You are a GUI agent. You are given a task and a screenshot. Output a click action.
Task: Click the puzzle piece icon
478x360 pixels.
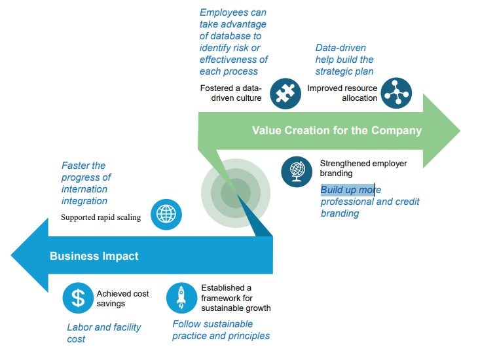285,94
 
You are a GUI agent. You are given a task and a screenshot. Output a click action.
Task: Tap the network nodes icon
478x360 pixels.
396,93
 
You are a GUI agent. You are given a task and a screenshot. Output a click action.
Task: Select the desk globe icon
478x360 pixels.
297,172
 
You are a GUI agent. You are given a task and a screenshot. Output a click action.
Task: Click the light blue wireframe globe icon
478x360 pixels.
166,214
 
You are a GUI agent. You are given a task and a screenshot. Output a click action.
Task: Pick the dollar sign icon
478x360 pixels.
78,298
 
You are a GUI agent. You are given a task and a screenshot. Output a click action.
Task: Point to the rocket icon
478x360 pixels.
181,298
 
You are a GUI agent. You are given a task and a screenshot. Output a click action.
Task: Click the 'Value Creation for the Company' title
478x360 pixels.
337,130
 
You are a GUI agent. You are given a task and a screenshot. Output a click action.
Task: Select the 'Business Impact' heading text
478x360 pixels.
94,256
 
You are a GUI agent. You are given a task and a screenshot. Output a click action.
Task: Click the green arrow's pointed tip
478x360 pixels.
460,131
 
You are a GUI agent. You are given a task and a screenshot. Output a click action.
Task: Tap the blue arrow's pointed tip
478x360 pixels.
11,255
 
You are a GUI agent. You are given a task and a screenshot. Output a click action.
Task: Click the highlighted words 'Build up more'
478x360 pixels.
350,190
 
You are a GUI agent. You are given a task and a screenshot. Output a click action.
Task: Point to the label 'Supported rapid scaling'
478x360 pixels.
101,217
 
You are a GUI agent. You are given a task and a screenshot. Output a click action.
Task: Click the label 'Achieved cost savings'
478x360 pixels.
122,298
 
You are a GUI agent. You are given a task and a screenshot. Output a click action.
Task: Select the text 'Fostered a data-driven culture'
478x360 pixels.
230,93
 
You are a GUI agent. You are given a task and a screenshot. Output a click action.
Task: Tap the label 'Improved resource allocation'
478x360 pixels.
342,93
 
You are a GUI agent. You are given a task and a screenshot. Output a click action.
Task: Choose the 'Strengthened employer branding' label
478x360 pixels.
363,168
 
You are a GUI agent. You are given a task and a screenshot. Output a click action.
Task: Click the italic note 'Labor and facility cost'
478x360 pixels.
103,333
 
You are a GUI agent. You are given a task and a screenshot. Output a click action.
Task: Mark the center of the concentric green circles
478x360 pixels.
236,193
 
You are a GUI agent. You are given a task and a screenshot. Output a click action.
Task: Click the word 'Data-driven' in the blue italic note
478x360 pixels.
340,48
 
